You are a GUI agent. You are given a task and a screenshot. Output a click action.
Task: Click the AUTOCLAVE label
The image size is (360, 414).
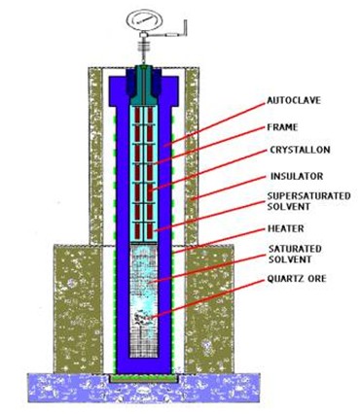[294, 100]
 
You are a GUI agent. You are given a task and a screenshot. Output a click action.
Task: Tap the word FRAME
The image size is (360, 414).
[282, 127]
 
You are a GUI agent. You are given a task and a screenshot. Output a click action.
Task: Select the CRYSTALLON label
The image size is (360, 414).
[300, 150]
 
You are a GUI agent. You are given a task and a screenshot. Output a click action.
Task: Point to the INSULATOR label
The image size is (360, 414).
[297, 176]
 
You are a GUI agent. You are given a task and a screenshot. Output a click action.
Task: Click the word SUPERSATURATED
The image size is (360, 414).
[309, 196]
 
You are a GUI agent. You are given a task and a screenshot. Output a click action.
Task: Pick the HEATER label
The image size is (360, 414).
[286, 228]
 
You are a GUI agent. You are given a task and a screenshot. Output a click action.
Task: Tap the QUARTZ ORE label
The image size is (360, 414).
[297, 279]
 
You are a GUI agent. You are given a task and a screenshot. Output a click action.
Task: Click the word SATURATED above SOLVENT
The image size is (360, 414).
[295, 249]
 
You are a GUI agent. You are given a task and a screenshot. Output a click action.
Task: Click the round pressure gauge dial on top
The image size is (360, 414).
[144, 21]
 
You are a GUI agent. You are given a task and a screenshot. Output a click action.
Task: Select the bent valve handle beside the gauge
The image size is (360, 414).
[172, 32]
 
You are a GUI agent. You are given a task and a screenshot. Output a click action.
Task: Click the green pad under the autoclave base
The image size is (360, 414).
[144, 378]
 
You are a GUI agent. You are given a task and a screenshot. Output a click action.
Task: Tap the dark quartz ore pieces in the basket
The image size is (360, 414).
[143, 318]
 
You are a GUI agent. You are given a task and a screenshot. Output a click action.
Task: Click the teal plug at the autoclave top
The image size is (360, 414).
[144, 84]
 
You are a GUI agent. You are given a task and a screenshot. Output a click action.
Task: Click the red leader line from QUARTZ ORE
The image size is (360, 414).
[208, 299]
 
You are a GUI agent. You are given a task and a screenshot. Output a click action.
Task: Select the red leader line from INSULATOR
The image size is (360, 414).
[229, 189]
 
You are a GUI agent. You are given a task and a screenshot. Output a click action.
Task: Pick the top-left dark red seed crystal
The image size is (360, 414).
[137, 115]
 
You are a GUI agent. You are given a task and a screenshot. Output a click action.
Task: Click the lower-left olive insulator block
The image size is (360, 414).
[78, 308]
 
